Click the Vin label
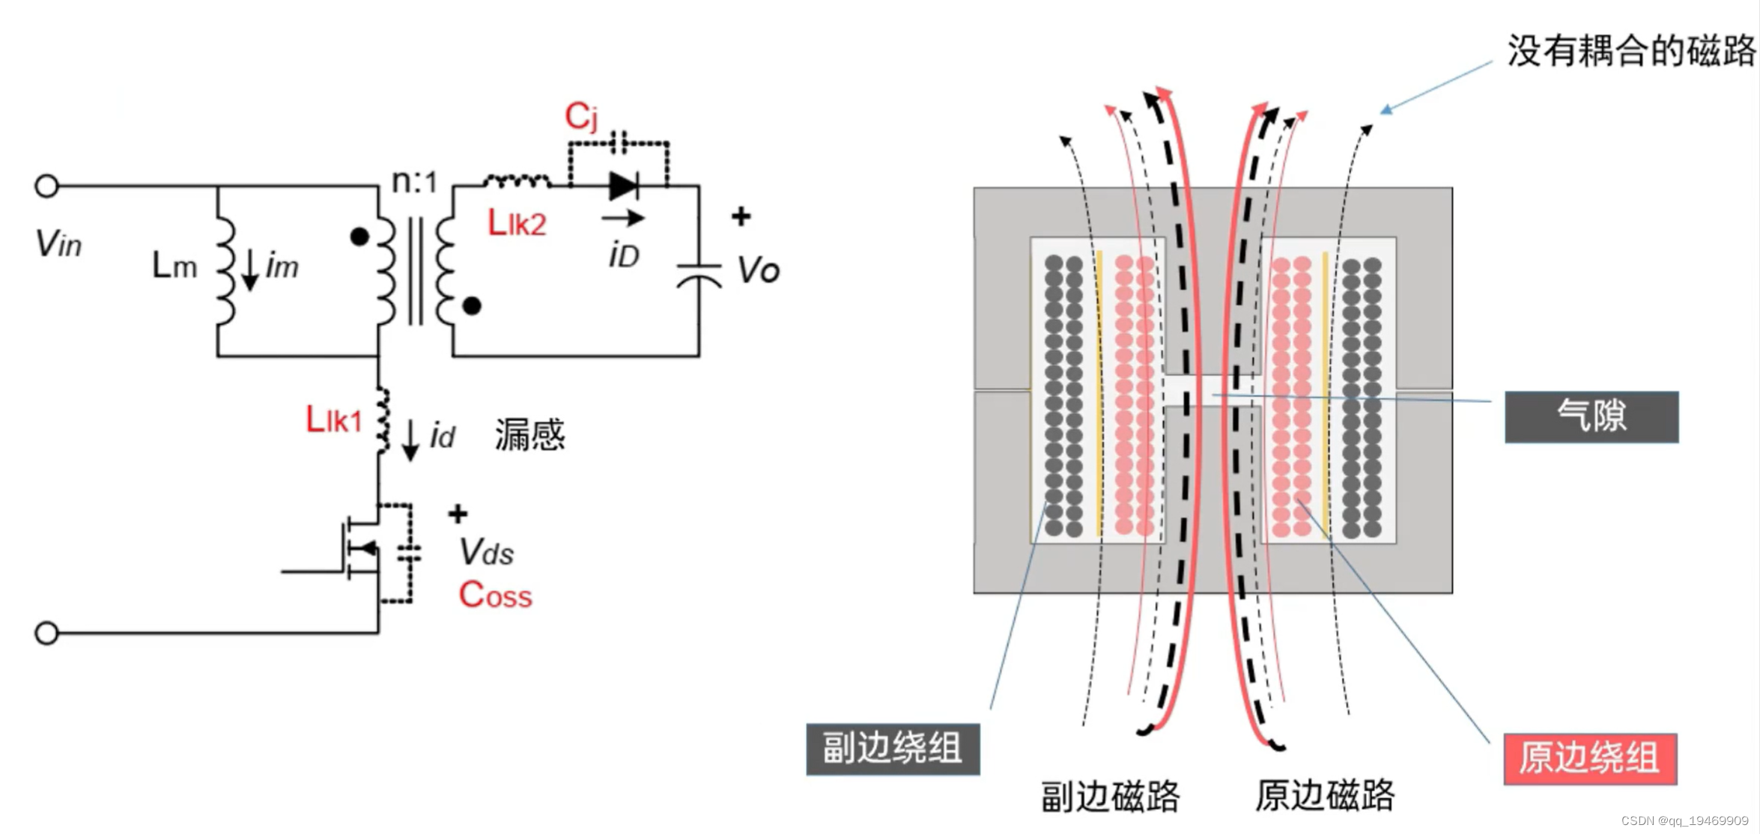[58, 244]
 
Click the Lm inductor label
[174, 266]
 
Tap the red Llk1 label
[333, 420]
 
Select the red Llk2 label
[517, 223]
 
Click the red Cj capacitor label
[580, 117]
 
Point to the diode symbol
[623, 186]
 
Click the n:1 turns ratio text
[414, 181]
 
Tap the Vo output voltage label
[758, 270]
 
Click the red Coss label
[495, 595]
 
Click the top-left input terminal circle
[46, 186]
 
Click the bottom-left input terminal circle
[46, 633]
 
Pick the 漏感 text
[529, 435]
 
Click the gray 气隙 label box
[1591, 416]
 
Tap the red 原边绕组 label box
[1590, 758]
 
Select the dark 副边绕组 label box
[893, 749]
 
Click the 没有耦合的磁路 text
[1630, 51]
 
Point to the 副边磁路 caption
[1110, 797]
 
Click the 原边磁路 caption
[1324, 795]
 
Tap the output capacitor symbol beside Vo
[699, 276]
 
